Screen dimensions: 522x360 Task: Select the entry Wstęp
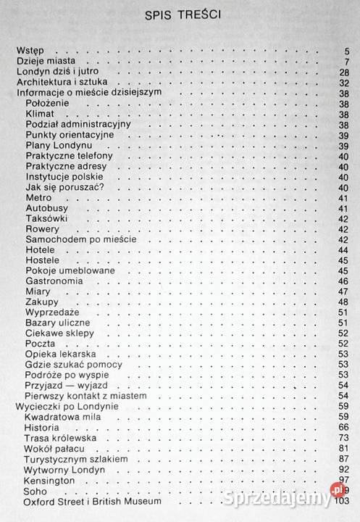click(31, 50)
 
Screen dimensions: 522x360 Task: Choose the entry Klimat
click(41, 115)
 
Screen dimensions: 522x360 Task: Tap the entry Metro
click(39, 198)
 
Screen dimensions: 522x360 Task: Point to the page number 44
click(344, 249)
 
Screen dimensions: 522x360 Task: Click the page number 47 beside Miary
click(344, 291)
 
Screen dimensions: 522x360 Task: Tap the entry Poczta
click(41, 343)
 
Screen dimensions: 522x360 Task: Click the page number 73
click(344, 439)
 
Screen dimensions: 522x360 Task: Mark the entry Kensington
click(50, 481)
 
